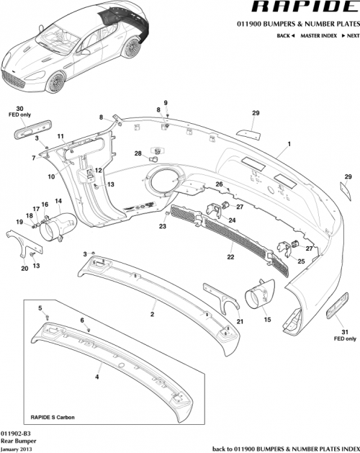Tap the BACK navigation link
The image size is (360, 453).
(284, 35)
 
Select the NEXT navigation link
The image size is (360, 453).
(349, 35)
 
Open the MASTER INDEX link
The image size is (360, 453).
(319, 35)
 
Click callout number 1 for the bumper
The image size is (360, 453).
(289, 144)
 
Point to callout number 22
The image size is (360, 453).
(230, 256)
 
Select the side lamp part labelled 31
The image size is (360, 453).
(336, 312)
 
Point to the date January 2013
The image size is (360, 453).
(16, 448)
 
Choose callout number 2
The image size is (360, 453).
(152, 314)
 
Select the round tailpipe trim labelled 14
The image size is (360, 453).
(55, 226)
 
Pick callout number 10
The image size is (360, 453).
(51, 176)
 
